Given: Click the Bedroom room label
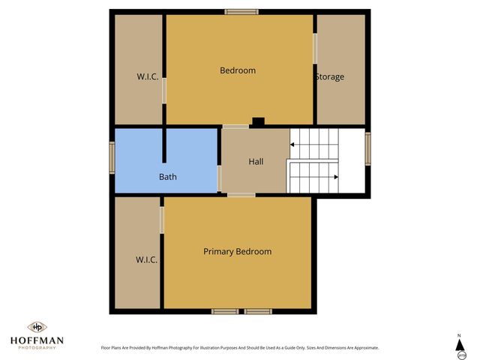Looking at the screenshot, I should click(237, 70).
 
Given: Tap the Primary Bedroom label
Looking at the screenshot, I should click(237, 251).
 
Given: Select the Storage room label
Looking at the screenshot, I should click(329, 76).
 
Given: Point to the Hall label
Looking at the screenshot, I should click(256, 161).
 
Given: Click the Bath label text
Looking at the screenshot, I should click(167, 177).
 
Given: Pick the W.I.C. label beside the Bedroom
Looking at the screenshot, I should click(147, 76).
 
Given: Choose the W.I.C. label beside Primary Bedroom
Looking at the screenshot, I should click(146, 259).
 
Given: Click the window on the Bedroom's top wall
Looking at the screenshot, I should click(241, 11).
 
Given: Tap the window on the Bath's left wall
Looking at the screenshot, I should click(112, 158).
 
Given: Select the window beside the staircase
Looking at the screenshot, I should click(367, 148).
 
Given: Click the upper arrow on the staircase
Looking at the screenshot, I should click(291, 142).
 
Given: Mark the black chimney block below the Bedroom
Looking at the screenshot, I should click(258, 121).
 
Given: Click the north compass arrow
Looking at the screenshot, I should click(460, 344).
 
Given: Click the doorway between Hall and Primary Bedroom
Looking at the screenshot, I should click(241, 195).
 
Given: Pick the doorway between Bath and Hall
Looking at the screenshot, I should click(219, 178).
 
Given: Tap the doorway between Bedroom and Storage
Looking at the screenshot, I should click(315, 48).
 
